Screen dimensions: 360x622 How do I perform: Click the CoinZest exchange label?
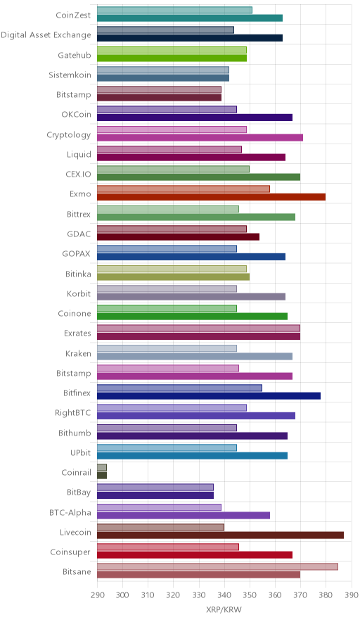point(73,15)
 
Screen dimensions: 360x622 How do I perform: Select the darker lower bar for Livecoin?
point(221,535)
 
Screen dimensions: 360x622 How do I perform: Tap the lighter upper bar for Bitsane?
point(218,566)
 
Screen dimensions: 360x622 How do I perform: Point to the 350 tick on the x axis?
point(250,595)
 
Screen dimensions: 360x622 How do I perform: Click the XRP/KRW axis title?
point(224,609)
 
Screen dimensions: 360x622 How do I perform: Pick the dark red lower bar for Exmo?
point(212,197)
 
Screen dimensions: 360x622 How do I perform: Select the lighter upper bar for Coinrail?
point(102,467)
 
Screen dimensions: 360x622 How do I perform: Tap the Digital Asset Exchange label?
point(46,35)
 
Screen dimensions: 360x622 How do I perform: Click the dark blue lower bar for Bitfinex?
point(209,395)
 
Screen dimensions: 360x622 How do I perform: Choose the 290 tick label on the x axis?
point(97,595)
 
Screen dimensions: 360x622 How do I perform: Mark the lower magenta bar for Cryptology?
point(200,137)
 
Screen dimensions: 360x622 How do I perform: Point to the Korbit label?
point(79,293)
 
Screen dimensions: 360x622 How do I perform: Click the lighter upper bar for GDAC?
point(172,229)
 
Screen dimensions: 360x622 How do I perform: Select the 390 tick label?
point(352,595)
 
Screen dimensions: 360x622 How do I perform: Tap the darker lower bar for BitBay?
point(155,495)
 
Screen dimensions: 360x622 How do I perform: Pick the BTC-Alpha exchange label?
point(70,512)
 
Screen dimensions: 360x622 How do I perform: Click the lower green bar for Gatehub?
point(172,58)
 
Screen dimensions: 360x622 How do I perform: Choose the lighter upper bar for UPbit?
point(167,448)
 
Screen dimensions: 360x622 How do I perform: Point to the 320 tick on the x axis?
point(173,595)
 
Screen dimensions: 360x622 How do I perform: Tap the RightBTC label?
point(73,412)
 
